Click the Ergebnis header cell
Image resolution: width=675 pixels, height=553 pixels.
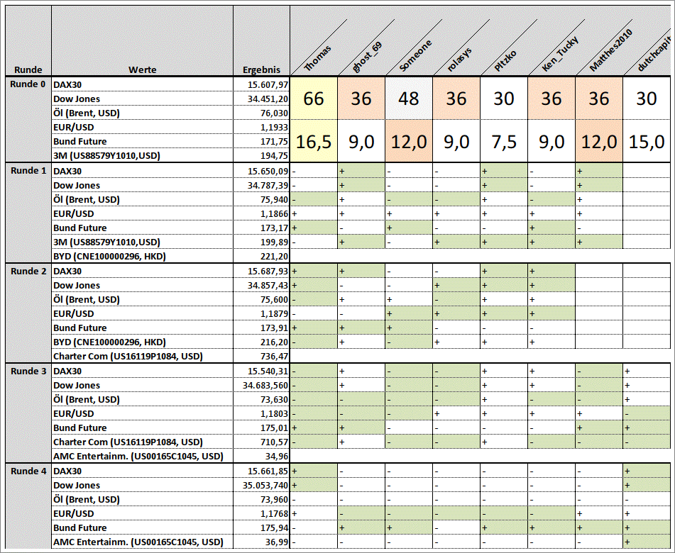coord(261,70)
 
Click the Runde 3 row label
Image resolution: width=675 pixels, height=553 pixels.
coord(29,372)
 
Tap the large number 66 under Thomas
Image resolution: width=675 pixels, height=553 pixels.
coord(314,99)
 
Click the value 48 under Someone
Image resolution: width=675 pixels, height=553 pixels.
coord(409,99)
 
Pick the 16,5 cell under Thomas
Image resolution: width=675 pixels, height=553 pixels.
coord(314,142)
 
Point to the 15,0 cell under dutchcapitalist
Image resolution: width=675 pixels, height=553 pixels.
coord(647,142)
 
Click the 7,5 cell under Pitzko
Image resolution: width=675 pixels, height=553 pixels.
coord(504,142)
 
